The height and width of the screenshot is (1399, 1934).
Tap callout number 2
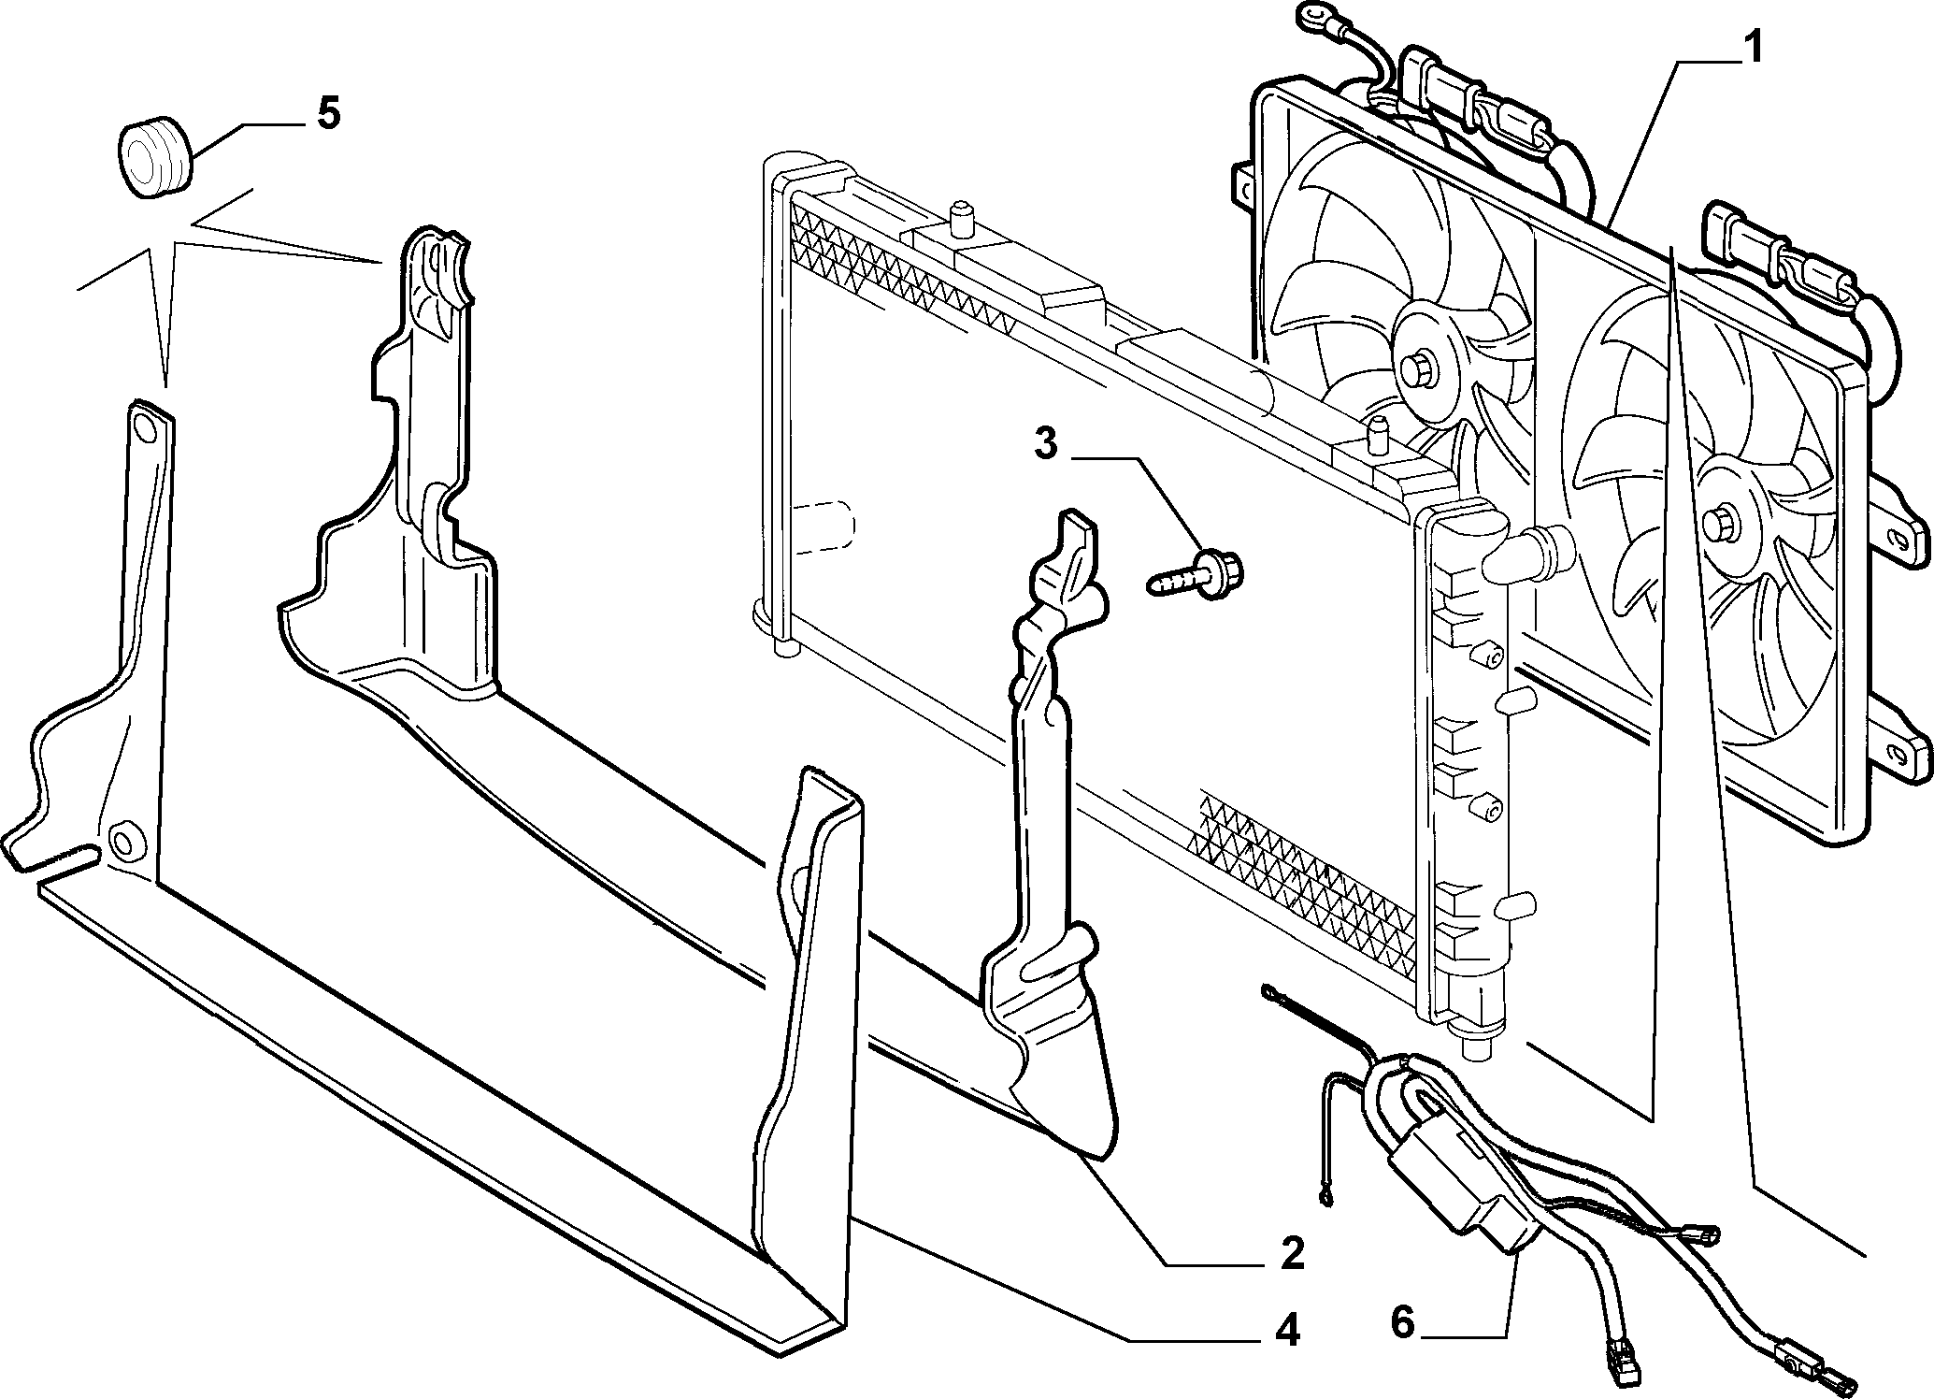pyautogui.click(x=1293, y=1253)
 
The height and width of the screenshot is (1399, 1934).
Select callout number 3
pyautogui.click(x=1046, y=444)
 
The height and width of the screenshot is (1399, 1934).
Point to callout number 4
pyautogui.click(x=1287, y=1330)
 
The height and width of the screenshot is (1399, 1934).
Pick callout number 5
pyautogui.click(x=328, y=113)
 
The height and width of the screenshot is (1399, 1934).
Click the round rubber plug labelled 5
pyautogui.click(x=154, y=156)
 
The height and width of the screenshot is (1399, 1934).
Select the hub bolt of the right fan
pyautogui.click(x=1720, y=523)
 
